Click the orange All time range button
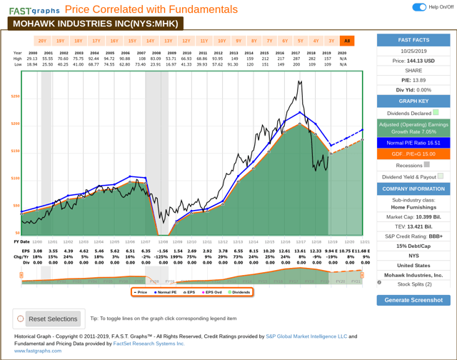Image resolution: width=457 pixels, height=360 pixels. pyautogui.click(x=347, y=41)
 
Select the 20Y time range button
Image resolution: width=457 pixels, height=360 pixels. pyautogui.click(x=42, y=41)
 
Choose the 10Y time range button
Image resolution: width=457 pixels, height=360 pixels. pyautogui.click(x=221, y=41)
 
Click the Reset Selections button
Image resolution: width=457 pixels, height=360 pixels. pyautogui.click(x=47, y=319)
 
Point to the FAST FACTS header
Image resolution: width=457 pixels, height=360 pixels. pyautogui.click(x=413, y=40)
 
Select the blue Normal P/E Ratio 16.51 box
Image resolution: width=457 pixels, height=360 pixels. pyautogui.click(x=413, y=142)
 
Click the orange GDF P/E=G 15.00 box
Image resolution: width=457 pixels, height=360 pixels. pyautogui.click(x=413, y=153)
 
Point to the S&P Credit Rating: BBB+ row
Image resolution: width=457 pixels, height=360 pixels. pyautogui.click(x=413, y=235)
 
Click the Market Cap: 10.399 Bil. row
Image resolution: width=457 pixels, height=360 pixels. pyautogui.click(x=413, y=216)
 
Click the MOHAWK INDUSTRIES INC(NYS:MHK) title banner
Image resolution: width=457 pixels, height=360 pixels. pyautogui.click(x=94, y=23)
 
